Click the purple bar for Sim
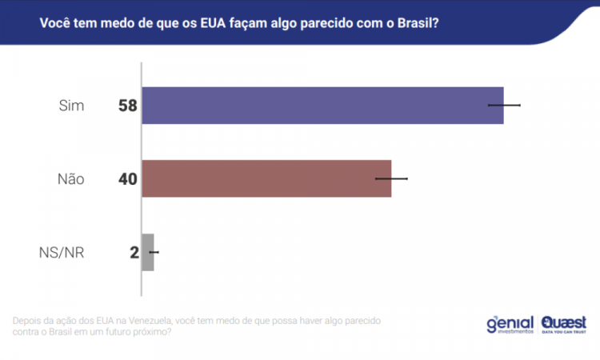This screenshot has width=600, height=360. pos(322,105)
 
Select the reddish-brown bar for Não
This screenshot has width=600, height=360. pos(266,178)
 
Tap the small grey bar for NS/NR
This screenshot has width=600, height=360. pos(147,252)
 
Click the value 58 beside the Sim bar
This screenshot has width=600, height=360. pos(128,106)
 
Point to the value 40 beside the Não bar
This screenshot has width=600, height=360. pos(128,179)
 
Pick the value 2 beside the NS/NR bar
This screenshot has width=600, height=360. pos(134,253)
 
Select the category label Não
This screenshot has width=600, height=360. pos(70,179)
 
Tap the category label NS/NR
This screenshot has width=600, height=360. pos(62,253)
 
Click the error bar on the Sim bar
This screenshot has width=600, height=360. pos(505,105)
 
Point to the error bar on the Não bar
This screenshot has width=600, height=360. pos(392,178)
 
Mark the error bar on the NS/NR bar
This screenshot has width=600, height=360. pos(154,252)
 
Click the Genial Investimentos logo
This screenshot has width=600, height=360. pos(510,324)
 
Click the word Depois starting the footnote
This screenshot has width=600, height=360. pos(30,320)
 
